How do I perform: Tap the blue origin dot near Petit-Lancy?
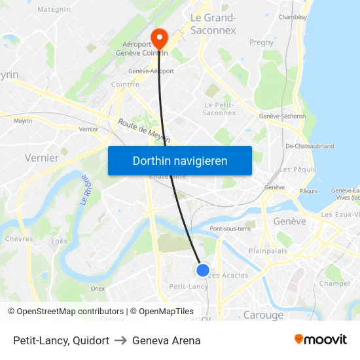pos(203,270)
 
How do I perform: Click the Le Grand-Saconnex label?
pos(213,24)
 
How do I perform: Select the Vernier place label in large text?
pos(41,157)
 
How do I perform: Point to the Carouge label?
pos(263,315)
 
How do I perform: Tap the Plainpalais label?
pos(268,251)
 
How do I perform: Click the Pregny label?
pos(261,43)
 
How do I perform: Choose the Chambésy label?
pos(293,17)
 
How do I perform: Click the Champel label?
pos(334,283)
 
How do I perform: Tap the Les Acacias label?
pos(228,276)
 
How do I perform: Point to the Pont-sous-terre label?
pos(230,228)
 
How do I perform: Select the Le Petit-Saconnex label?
pos(220,109)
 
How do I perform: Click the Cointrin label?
pos(125,84)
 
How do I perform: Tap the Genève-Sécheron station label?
pos(282,116)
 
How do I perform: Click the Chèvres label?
pos(19,239)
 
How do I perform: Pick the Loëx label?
pos(60,241)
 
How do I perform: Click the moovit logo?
pos(320,340)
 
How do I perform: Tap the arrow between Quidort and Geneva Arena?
pos(120,340)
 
